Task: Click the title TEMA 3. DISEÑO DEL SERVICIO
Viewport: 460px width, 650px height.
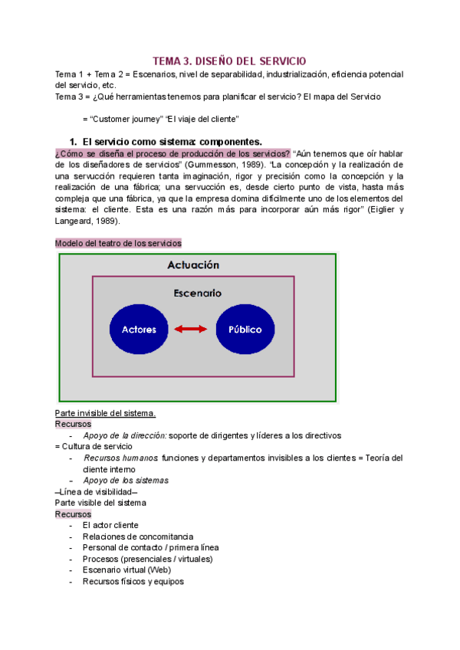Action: [x=230, y=60]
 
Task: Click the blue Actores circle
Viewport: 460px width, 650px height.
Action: [x=139, y=330]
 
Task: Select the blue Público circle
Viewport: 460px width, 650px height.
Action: [x=245, y=330]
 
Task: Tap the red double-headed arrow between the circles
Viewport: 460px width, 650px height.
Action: [x=192, y=330]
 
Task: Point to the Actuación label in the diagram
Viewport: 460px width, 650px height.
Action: [x=193, y=264]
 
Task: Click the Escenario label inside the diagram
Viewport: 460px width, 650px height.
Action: [x=197, y=293]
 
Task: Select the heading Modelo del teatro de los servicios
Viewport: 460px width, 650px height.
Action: [x=119, y=243]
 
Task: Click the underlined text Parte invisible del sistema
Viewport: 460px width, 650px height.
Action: [x=106, y=413]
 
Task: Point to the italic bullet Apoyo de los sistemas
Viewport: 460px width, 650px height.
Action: [x=126, y=480]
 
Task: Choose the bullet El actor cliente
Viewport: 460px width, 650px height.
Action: [x=110, y=525]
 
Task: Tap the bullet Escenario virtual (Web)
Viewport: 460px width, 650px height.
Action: [x=127, y=570]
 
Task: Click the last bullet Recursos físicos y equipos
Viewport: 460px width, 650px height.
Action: [x=133, y=581]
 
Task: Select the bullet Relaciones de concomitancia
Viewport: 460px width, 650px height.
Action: [x=138, y=537]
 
